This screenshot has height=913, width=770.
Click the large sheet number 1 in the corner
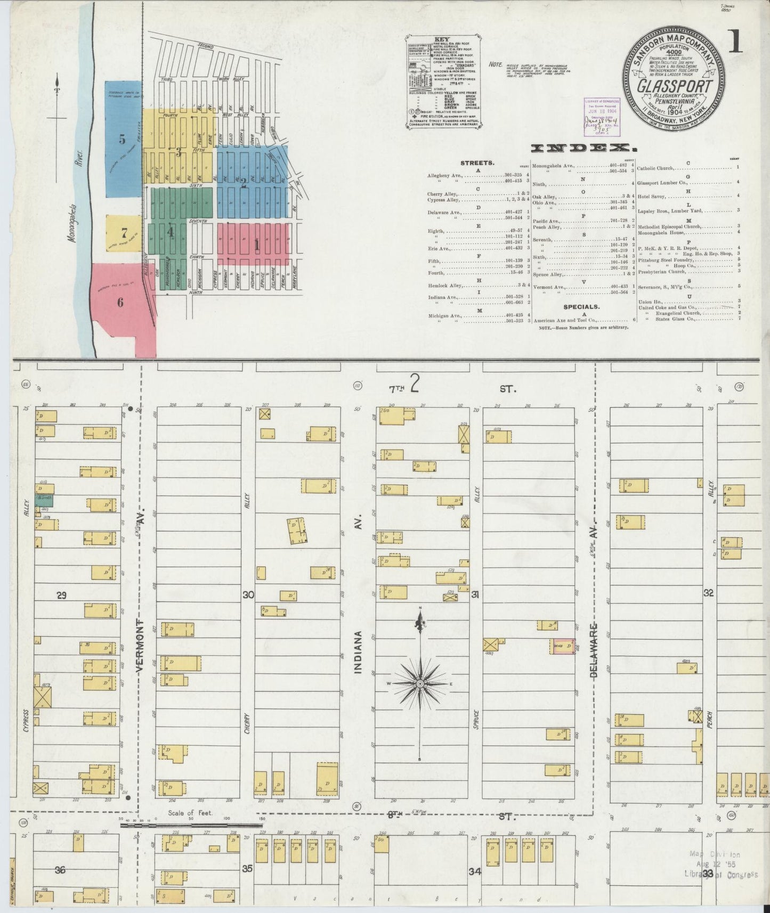[735, 42]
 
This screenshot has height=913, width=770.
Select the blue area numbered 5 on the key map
[123, 140]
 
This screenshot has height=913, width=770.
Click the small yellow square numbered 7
[124, 233]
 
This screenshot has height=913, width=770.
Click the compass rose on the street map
[420, 683]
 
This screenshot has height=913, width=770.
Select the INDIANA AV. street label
[358, 653]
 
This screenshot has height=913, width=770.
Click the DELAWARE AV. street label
[595, 650]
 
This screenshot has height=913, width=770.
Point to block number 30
[248, 595]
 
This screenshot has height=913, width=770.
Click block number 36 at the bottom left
[60, 870]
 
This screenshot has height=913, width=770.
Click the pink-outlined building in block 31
[563, 647]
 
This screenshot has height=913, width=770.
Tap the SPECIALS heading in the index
[582, 307]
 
